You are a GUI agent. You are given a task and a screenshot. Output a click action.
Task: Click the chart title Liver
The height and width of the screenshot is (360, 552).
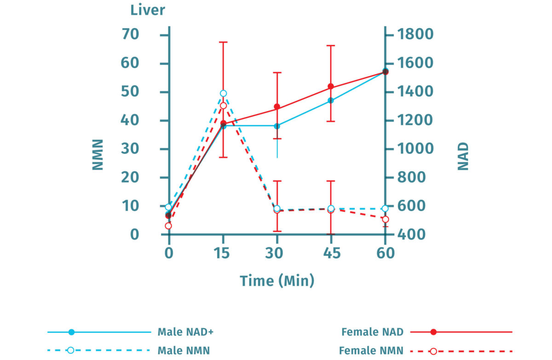pos(147,10)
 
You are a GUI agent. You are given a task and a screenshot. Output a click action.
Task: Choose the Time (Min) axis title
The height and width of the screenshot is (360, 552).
pos(277,280)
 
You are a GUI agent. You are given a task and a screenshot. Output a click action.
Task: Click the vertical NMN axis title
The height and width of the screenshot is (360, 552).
pos(98,155)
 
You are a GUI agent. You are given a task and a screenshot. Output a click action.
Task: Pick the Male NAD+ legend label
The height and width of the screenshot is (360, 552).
pos(185,332)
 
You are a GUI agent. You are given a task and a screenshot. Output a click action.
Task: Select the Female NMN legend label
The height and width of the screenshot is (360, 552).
pos(371,351)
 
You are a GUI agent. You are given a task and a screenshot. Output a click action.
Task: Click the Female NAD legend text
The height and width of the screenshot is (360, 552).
pos(373,332)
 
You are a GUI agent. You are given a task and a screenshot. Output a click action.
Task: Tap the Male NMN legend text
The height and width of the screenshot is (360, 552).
pos(184,351)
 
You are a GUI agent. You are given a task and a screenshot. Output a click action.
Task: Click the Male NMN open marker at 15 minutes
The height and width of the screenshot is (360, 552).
pos(223,93)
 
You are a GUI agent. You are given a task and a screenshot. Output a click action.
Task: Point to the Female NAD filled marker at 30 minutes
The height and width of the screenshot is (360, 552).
pos(277,107)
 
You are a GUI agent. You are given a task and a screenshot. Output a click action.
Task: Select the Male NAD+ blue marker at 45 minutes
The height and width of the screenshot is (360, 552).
pos(331,100)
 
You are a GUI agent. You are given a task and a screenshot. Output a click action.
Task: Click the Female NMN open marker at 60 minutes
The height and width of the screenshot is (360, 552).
pos(385,219)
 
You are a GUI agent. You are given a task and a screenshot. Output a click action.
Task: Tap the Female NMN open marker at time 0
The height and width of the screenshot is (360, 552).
pos(168,226)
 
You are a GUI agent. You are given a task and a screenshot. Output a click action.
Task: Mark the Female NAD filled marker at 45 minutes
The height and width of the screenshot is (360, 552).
pos(331,86)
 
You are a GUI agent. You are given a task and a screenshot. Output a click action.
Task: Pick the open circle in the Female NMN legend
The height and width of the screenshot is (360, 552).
pos(433,351)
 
